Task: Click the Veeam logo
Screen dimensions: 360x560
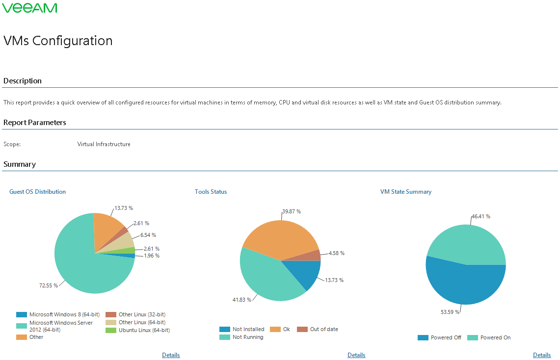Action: coord(30,8)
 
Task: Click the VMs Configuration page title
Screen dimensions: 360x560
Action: coord(58,41)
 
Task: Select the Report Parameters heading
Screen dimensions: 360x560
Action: coord(34,123)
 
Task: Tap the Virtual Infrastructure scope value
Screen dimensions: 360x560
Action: coord(104,144)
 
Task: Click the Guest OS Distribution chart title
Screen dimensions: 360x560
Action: coord(37,192)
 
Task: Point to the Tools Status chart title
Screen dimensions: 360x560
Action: coord(211,192)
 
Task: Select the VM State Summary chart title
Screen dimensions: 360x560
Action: coord(405,192)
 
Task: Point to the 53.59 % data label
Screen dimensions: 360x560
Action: coord(451,311)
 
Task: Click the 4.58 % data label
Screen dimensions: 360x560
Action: coord(336,253)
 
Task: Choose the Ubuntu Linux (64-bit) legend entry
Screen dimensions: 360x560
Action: coord(144,330)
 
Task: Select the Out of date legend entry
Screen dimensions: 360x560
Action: coord(323,329)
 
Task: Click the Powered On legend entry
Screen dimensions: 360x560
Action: coord(495,337)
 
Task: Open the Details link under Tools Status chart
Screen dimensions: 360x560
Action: coord(356,355)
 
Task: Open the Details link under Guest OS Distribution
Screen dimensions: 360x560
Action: coord(171,355)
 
